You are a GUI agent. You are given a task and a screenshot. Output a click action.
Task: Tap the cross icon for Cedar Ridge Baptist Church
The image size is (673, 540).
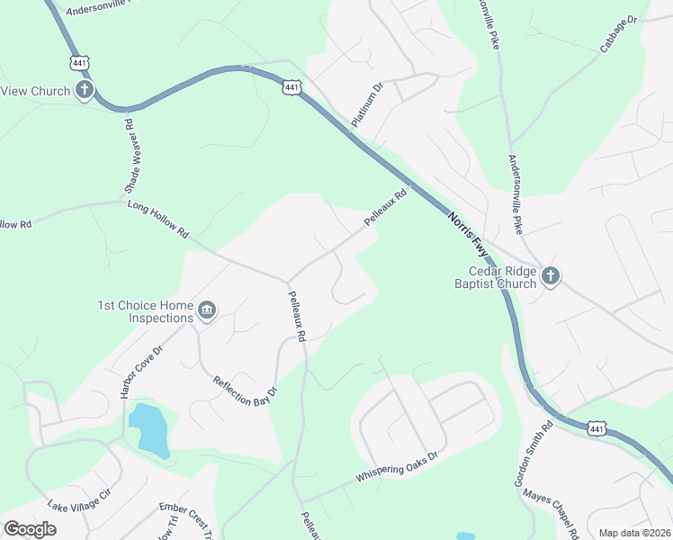(x=550, y=276)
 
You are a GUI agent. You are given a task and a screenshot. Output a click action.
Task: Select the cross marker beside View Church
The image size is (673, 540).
(x=85, y=90)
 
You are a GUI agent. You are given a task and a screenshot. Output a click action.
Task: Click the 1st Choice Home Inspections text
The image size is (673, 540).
(x=146, y=311)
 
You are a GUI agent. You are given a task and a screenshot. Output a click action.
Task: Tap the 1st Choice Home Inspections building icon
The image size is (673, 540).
(x=207, y=311)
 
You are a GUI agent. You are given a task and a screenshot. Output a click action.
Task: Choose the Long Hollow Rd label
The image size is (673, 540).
(x=158, y=220)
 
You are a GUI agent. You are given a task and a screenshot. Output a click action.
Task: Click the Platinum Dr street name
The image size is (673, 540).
(x=367, y=104)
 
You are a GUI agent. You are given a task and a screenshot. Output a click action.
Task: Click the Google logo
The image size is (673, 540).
(x=30, y=529)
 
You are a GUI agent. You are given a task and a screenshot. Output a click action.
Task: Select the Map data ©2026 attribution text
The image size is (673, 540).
(x=633, y=533)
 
